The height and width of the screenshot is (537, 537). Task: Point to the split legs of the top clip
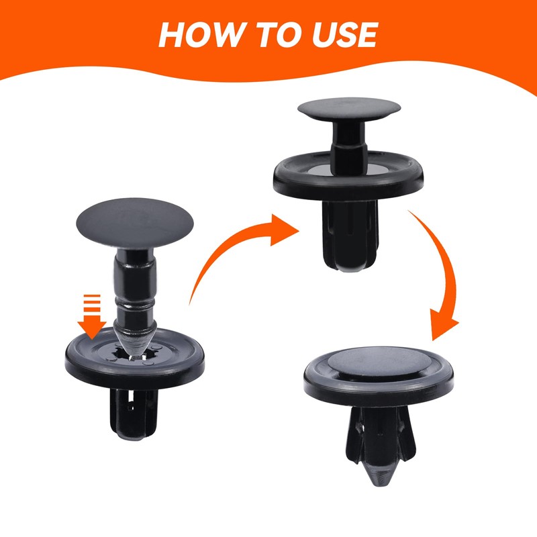coord(350,235)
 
